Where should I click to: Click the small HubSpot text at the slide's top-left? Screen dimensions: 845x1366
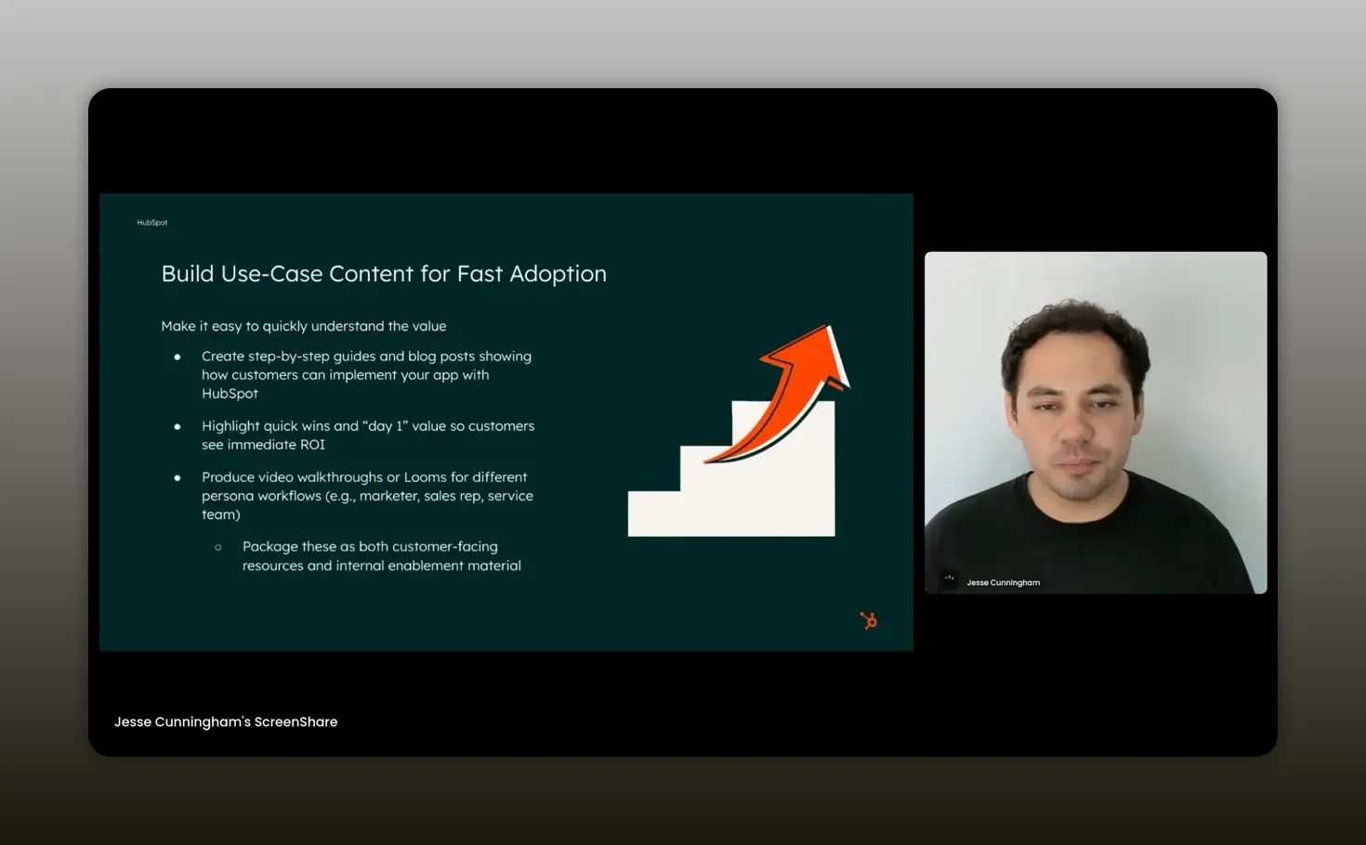click(x=152, y=223)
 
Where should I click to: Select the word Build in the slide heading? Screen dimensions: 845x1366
click(x=188, y=274)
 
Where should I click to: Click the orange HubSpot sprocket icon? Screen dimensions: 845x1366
click(x=869, y=620)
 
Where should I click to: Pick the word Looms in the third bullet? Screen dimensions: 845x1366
click(x=425, y=477)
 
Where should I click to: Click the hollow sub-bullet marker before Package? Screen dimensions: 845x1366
click(x=218, y=547)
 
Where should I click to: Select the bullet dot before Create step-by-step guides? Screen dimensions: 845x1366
click(x=177, y=357)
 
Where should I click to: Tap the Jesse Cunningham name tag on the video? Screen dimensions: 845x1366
click(x=1003, y=583)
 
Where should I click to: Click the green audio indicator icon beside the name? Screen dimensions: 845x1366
click(x=949, y=578)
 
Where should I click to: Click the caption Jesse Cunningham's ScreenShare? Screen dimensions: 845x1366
click(x=226, y=721)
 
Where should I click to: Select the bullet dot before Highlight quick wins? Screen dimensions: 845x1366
click(x=177, y=426)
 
